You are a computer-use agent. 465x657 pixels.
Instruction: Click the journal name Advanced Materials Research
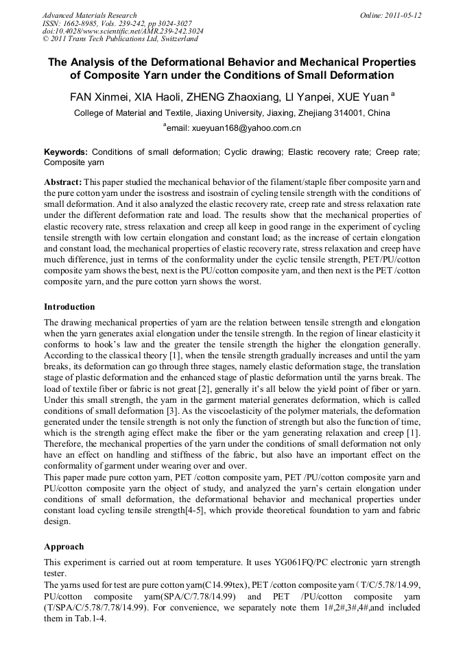[x=89, y=15]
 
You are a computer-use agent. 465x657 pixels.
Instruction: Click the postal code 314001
[x=350, y=113]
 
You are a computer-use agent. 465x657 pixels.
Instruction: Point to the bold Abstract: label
[x=63, y=183]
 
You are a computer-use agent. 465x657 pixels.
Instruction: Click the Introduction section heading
[x=69, y=306]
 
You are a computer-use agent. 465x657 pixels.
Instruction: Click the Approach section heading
[x=64, y=547]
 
